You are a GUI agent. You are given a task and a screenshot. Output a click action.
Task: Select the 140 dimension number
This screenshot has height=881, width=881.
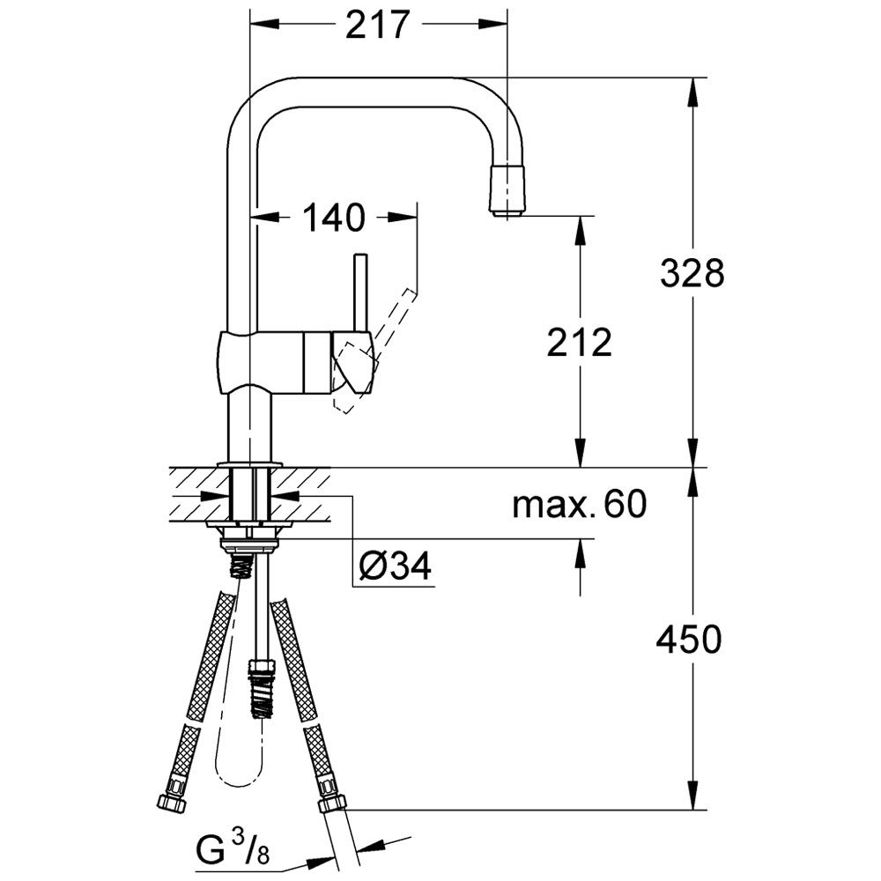click(x=334, y=218)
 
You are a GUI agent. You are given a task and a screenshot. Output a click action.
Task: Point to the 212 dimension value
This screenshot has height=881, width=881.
click(x=580, y=343)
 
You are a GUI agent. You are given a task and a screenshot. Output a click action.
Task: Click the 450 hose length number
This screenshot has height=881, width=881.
click(x=689, y=640)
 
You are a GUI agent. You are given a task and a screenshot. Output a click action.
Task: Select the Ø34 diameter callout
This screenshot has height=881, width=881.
click(x=395, y=566)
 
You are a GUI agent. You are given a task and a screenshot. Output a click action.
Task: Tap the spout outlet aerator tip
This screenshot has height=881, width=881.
click(x=508, y=191)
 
